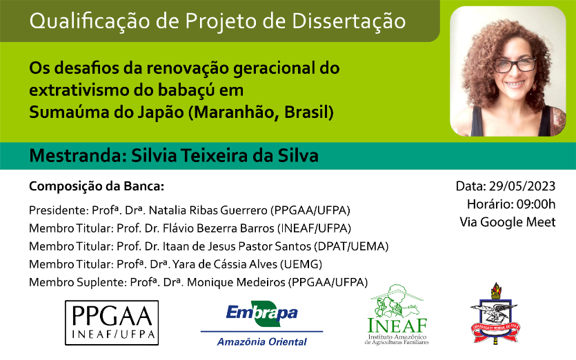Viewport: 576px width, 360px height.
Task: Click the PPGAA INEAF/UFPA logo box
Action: (x=112, y=323)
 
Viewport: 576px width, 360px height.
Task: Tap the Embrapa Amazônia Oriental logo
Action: (x=261, y=323)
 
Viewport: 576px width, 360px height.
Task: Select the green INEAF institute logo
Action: (x=397, y=314)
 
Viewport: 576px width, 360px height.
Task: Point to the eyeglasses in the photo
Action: (x=515, y=66)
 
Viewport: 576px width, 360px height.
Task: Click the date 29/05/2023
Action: (x=522, y=186)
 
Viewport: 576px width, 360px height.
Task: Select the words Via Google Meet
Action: (x=507, y=222)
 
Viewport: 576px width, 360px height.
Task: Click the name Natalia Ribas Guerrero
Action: (x=208, y=210)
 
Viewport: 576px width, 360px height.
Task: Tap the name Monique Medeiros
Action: (x=236, y=283)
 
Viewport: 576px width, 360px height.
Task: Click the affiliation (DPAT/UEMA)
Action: (x=351, y=246)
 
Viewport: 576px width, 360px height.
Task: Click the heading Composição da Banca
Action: (x=97, y=187)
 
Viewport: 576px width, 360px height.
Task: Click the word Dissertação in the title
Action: (x=349, y=21)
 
